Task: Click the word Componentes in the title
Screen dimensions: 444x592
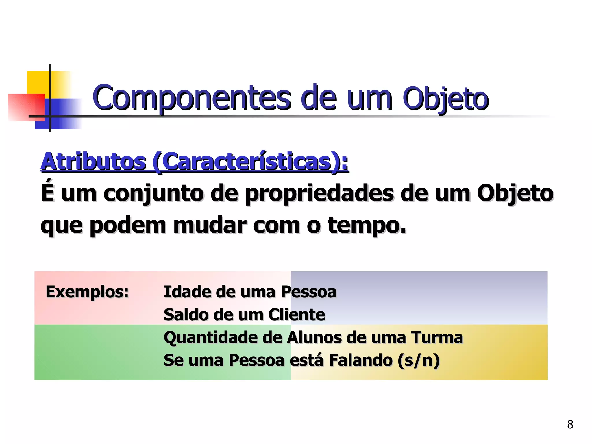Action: coord(191,98)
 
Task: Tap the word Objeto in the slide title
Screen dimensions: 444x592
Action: coord(445,99)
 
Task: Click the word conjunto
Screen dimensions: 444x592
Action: coord(153,194)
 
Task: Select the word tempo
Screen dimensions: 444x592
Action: coord(367,225)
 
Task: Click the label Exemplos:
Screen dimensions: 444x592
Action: coord(87,292)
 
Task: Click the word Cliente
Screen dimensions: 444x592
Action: coord(297,315)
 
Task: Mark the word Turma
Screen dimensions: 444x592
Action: coord(437,338)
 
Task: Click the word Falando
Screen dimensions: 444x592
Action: coord(361,360)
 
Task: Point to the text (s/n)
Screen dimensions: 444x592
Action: coord(419,361)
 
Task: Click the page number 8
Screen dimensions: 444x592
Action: coord(570,424)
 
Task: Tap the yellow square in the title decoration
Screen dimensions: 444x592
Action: coord(38,82)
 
